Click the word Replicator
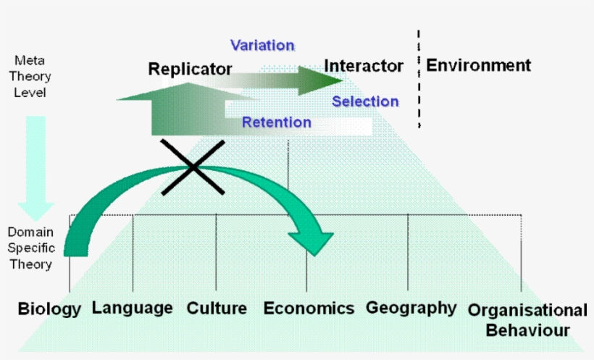(x=190, y=70)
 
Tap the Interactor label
(x=364, y=66)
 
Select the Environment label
(x=478, y=65)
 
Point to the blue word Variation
(x=262, y=45)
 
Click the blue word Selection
(x=365, y=101)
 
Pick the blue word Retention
(x=276, y=122)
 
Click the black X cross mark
(x=193, y=167)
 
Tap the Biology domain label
(x=49, y=309)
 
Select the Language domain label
(x=132, y=308)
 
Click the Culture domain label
(x=217, y=308)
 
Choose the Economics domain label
(x=309, y=308)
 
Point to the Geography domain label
(x=411, y=308)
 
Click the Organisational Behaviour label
(x=527, y=320)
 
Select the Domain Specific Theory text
(x=30, y=248)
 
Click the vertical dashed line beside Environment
(x=419, y=80)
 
